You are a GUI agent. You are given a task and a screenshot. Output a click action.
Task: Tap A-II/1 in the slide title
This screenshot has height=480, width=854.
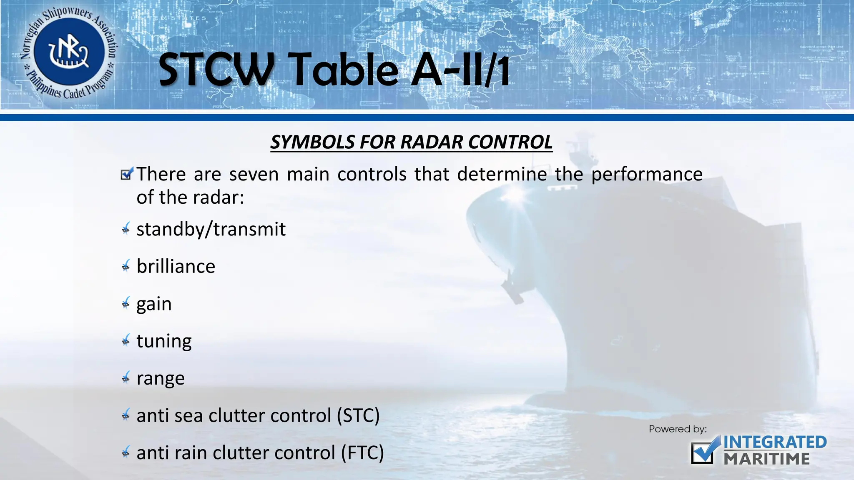click(460, 70)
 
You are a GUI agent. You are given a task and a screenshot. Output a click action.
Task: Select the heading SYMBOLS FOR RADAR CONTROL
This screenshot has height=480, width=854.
click(411, 142)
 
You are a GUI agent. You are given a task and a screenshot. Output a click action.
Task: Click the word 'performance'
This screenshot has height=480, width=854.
click(647, 174)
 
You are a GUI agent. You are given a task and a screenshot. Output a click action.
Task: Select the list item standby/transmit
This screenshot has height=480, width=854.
click(211, 229)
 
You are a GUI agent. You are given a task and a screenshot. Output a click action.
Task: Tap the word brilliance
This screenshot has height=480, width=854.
click(176, 267)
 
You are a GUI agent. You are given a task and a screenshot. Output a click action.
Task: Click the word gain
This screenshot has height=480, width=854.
click(154, 304)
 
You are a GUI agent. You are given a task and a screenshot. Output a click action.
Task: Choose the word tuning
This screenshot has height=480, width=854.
click(164, 341)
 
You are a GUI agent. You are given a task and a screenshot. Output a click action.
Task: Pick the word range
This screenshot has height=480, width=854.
click(161, 378)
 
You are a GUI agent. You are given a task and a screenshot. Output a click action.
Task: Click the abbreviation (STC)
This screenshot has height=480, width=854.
click(358, 415)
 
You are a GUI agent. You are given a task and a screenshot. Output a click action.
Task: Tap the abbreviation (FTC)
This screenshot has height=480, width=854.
click(362, 453)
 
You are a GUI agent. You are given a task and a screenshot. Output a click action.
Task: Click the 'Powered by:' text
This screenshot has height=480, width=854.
click(678, 429)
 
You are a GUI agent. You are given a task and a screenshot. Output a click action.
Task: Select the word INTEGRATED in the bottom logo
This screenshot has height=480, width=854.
click(775, 442)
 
